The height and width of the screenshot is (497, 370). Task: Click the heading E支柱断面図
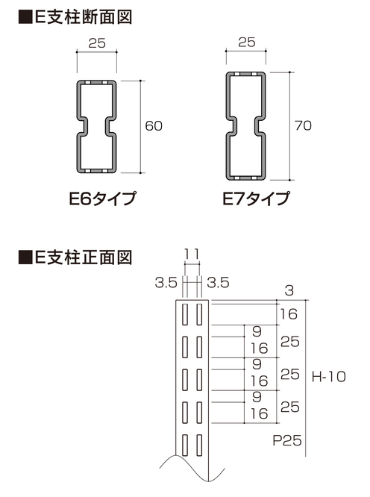click(83, 17)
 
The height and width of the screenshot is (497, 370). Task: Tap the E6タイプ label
click(102, 199)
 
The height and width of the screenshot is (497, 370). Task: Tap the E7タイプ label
click(256, 199)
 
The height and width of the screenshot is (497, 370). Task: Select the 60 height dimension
click(154, 126)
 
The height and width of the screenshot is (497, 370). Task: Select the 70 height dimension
click(303, 125)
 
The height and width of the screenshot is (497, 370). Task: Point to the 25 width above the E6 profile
click(97, 43)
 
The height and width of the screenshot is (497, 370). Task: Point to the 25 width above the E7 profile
click(247, 42)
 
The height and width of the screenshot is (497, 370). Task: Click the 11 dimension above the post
click(192, 254)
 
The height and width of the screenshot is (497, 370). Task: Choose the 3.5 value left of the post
click(166, 282)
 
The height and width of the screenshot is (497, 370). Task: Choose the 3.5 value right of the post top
click(218, 282)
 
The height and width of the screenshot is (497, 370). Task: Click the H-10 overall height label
click(328, 377)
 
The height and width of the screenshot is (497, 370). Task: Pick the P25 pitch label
click(287, 440)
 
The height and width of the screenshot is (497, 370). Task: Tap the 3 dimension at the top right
click(289, 290)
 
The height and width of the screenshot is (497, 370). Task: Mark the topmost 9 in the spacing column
click(257, 331)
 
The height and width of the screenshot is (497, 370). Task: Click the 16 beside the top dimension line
click(289, 314)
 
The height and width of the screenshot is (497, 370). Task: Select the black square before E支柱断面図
click(25, 17)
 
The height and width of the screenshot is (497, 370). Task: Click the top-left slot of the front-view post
click(185, 314)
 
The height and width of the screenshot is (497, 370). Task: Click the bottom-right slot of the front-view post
click(199, 445)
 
